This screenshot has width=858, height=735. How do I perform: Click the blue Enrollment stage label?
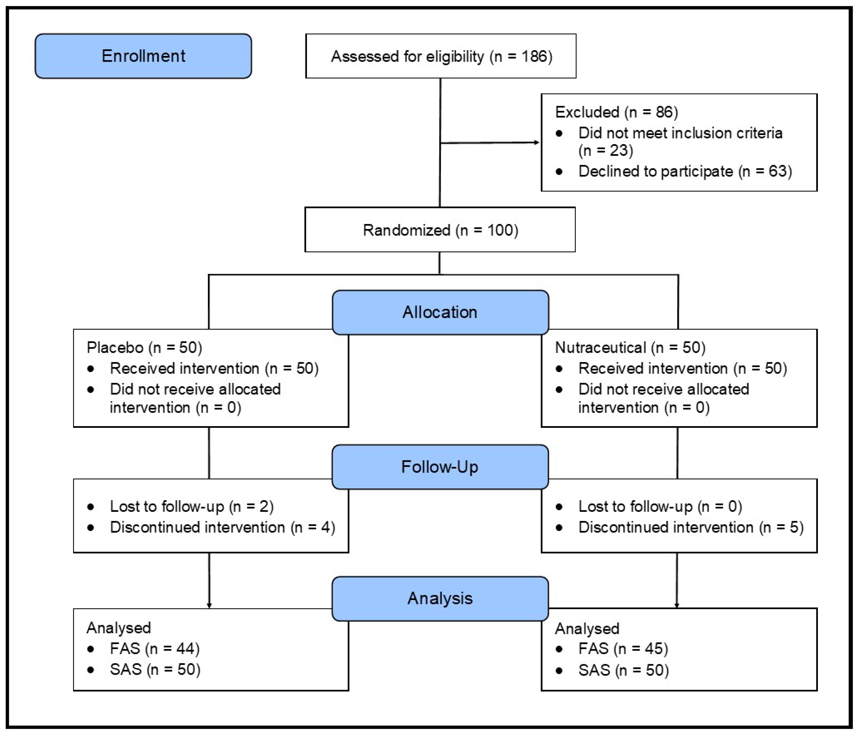[x=143, y=56]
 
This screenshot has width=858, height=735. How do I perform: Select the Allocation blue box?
[x=440, y=312]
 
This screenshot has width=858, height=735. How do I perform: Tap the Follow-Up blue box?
[x=440, y=467]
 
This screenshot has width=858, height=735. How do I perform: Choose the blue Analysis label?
[x=440, y=598]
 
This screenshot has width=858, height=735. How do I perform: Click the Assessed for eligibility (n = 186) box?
[x=441, y=56]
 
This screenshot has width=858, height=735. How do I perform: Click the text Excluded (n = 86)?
[x=616, y=112]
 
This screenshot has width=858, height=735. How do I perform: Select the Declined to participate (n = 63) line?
[x=685, y=171]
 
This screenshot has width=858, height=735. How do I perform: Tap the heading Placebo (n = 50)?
[x=144, y=347]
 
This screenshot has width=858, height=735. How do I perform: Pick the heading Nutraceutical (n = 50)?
[x=630, y=347]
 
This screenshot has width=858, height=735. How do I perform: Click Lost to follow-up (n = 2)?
[x=191, y=506]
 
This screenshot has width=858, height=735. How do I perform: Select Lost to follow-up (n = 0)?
[x=660, y=506]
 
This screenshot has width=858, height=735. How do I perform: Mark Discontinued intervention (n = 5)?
[x=691, y=527]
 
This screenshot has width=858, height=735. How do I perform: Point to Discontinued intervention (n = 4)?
[x=222, y=527]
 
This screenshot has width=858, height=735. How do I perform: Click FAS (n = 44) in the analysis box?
[x=154, y=649]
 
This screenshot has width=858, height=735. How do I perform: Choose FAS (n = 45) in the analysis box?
[x=623, y=649]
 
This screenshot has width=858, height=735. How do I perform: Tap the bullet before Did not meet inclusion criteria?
[x=559, y=133]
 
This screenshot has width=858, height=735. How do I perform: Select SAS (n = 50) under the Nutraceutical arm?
[x=623, y=670]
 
